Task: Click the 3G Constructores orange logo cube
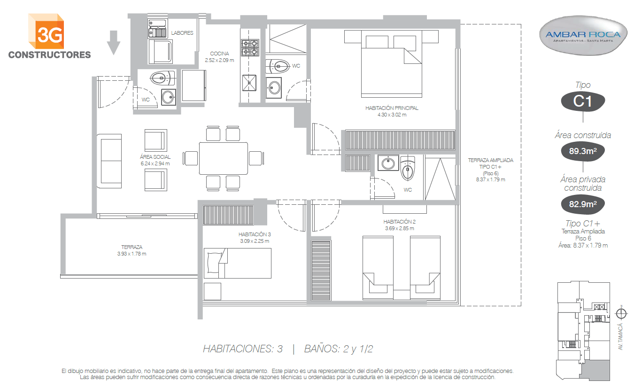[x=46, y=31]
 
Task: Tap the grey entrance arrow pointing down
[x=114, y=43]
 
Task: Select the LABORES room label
[x=182, y=33]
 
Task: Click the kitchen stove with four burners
[x=250, y=47]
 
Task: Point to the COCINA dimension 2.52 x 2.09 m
[x=219, y=60]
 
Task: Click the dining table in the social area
[x=224, y=158]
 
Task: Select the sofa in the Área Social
[x=109, y=161]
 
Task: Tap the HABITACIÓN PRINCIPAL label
[x=392, y=108]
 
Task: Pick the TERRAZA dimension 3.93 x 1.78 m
[x=131, y=254]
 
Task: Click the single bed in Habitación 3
[x=238, y=263]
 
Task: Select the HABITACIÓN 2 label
[x=399, y=222]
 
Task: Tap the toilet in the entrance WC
[x=162, y=78]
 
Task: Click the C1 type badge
[x=583, y=101]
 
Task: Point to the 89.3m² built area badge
[x=583, y=151]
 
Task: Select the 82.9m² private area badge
[x=583, y=204]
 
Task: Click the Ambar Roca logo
[x=583, y=35]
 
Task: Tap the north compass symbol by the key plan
[x=621, y=314]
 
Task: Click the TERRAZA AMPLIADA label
[x=490, y=161]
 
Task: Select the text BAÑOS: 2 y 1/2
[x=339, y=349]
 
